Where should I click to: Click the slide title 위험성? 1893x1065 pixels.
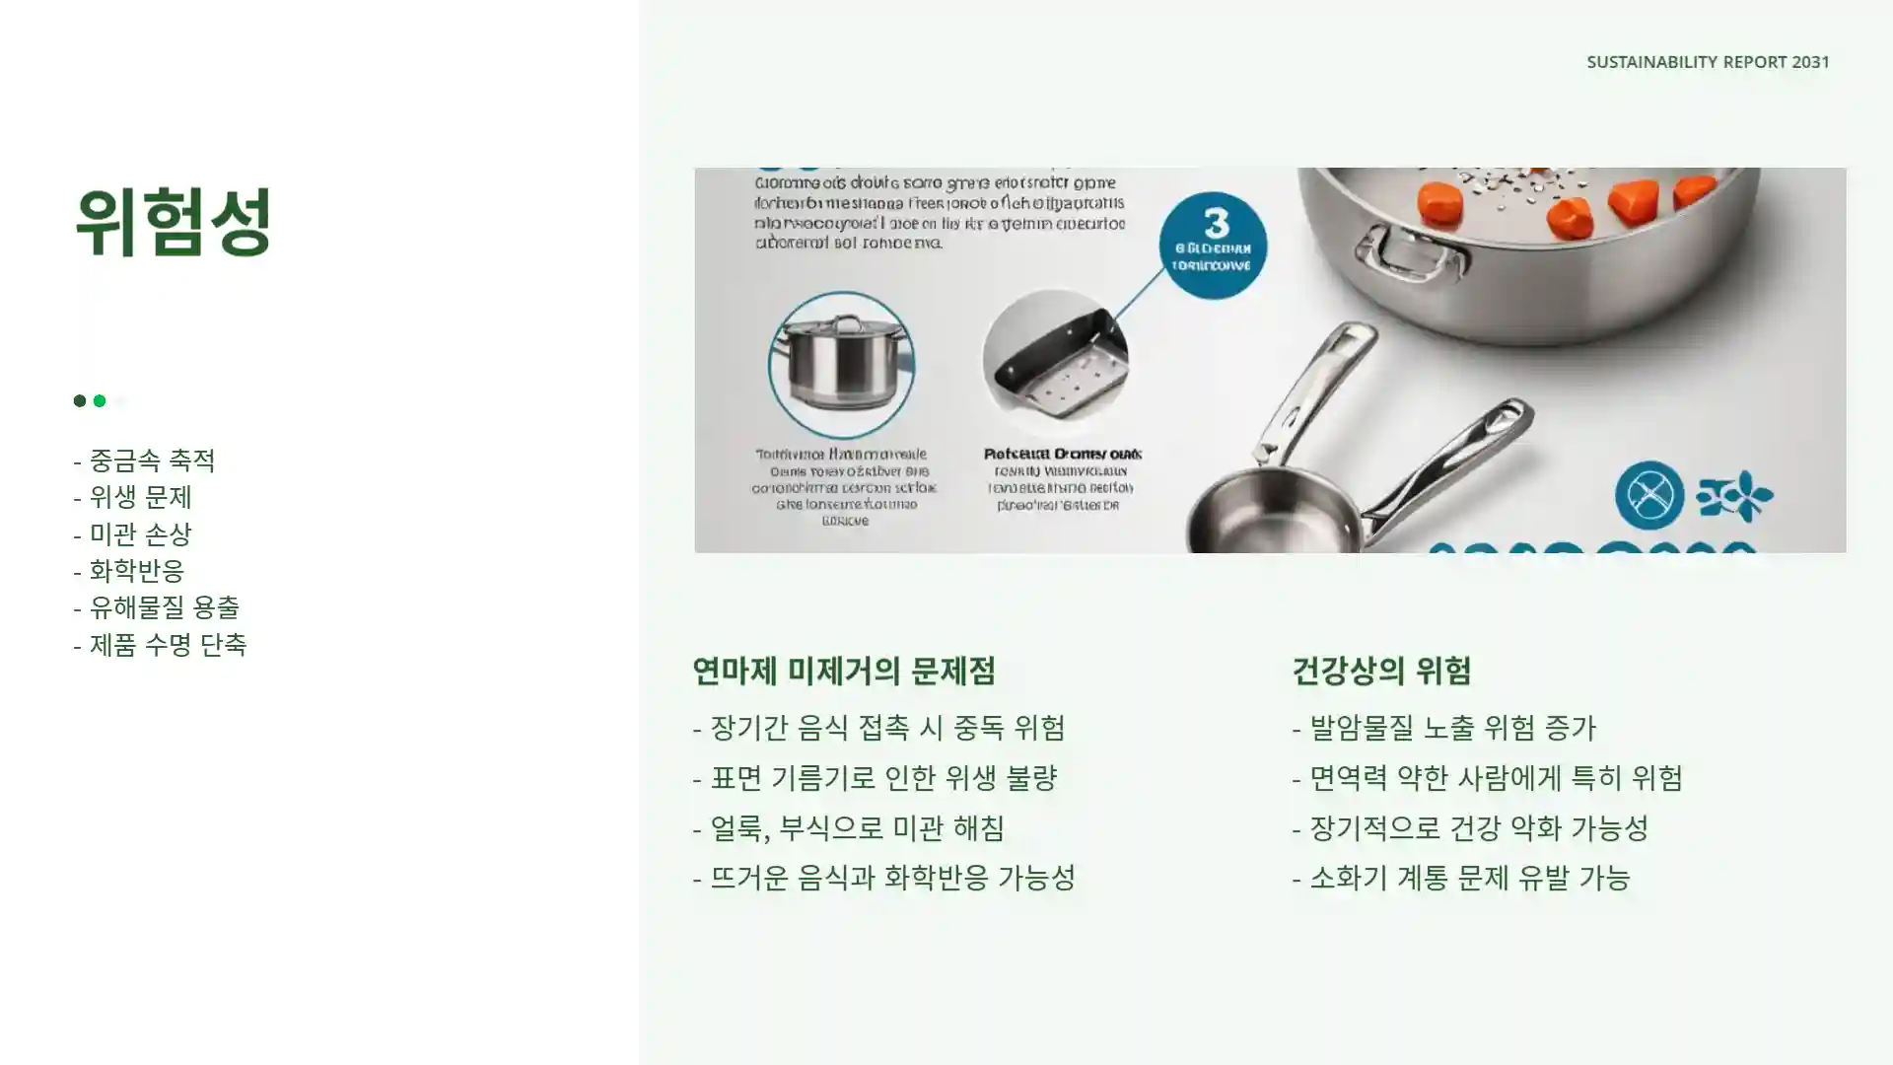174,223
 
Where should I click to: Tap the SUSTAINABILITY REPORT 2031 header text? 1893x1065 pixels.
1708,62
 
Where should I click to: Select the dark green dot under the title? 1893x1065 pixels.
80,400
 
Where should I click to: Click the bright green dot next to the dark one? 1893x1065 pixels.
100,400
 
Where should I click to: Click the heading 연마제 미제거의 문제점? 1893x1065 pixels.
844,672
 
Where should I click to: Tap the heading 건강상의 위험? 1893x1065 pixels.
1381,672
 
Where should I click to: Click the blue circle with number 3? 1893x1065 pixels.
1213,245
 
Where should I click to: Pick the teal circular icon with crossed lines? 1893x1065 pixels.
1649,495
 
